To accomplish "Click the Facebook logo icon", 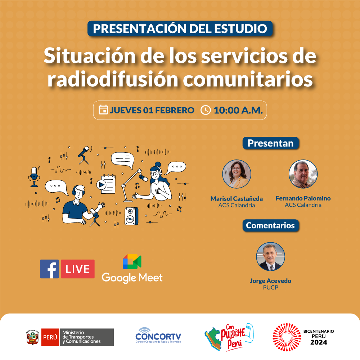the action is pos(49,269).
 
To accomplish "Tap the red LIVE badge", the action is pos(78,269).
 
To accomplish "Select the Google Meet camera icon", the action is pos(132,261).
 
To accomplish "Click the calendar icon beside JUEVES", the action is pos(103,110).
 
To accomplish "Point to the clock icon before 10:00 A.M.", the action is pos(206,110).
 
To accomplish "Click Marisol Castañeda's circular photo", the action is pos(237,174).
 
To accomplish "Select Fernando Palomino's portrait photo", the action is pos(303,174).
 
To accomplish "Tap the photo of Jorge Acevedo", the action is pos(270,256).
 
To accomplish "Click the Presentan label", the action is pos(271,143).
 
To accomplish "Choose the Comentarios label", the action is pos(270,225).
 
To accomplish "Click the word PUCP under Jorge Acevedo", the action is pos(270,287).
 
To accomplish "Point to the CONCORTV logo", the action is pos(158,336).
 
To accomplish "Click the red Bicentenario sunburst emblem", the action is pos(287,337).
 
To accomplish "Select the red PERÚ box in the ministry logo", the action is pos(50,337).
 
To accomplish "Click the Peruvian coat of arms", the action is pos(33,337).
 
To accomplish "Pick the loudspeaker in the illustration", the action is pos(131,216).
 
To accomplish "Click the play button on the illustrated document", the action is pos(101,185).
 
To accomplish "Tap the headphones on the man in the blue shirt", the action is pos(78,189).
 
